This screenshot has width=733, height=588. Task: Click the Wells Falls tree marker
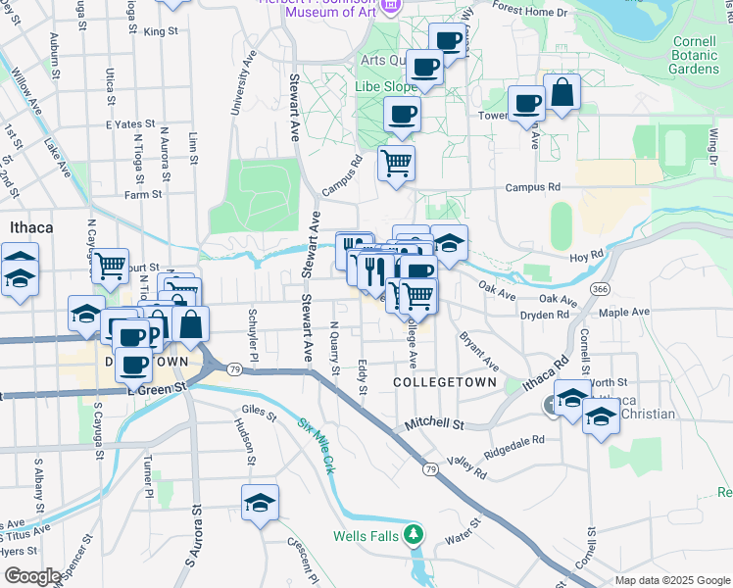point(415,535)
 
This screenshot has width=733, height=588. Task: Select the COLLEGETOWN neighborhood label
point(445,380)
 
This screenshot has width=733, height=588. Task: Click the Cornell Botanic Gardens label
point(695,56)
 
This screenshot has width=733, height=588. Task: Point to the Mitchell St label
point(435,424)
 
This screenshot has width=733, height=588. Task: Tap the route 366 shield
point(601,289)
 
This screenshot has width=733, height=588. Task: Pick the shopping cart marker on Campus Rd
point(396,164)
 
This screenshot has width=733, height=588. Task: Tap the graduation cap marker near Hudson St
point(260,504)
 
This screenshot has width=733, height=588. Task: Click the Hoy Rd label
point(588,255)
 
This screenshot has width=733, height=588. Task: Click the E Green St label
point(157,389)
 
